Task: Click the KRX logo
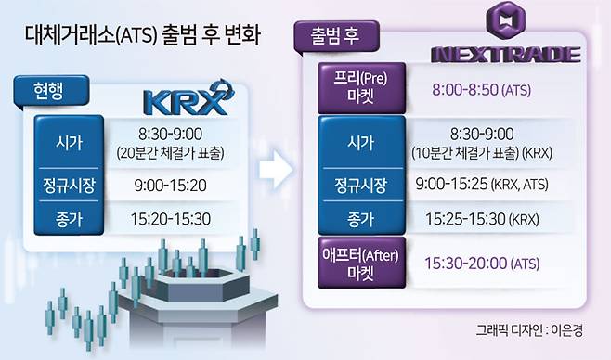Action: pos(188,98)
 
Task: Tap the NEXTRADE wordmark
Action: pos(506,55)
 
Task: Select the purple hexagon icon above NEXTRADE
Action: pos(506,19)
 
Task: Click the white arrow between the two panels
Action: pos(277,170)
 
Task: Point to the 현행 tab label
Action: pos(48,92)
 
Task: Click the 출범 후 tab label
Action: pos(335,36)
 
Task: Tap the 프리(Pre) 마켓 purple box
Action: pos(361,87)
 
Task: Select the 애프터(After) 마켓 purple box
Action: pos(361,263)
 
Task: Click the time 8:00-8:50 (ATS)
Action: pos(482,90)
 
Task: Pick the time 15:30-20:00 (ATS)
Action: pos(482,264)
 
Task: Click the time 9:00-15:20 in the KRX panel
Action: pos(170,186)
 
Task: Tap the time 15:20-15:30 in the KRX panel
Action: pos(171,219)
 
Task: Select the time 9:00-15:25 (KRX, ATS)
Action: pos(482,184)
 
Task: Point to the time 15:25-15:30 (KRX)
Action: pos(482,219)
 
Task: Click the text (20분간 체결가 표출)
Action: pos(170,153)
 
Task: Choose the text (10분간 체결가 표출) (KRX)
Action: pos(482,152)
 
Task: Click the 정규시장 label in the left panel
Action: pos(69,186)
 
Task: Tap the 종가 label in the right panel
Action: pos(361,220)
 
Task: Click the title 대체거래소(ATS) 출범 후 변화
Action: pos(143,34)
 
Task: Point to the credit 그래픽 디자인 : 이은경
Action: pos(529,330)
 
